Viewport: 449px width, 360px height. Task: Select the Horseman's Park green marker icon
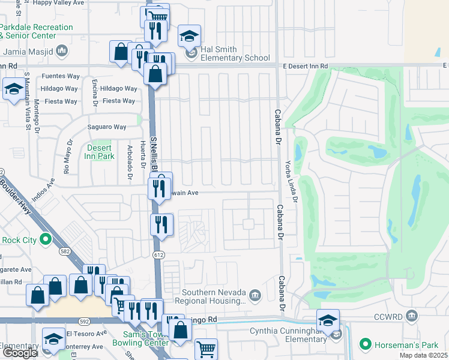tap(364, 344)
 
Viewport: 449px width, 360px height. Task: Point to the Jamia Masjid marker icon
tap(61, 52)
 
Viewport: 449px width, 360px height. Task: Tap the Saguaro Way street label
tap(107, 127)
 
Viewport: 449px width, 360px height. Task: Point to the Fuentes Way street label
tap(60, 76)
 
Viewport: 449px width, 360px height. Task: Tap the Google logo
tap(19, 353)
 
